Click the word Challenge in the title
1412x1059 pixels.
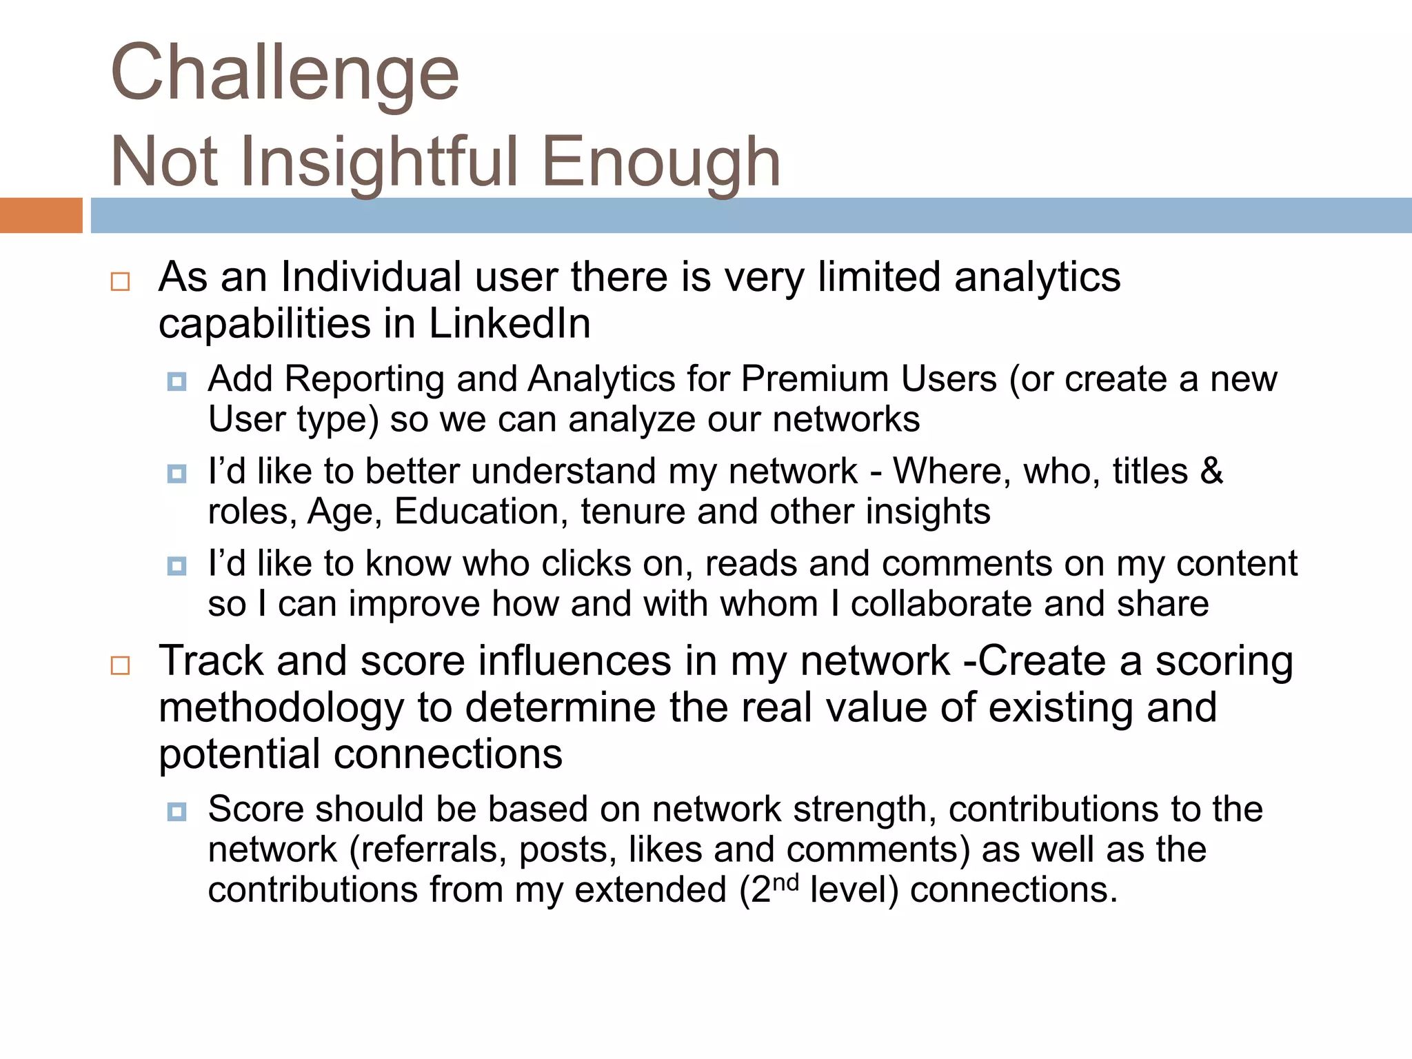[x=284, y=73]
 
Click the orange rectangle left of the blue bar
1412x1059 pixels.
[x=41, y=215]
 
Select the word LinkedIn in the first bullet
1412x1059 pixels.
[x=510, y=323]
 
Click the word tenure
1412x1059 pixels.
[x=632, y=512]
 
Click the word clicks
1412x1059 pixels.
[x=586, y=564]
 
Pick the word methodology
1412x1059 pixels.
[x=281, y=708]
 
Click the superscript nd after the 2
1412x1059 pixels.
[x=785, y=882]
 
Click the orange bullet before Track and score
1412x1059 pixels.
[x=120, y=665]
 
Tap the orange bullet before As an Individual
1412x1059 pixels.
[x=120, y=281]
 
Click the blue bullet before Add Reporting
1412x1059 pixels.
[x=177, y=381]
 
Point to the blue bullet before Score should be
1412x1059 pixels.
[x=177, y=811]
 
